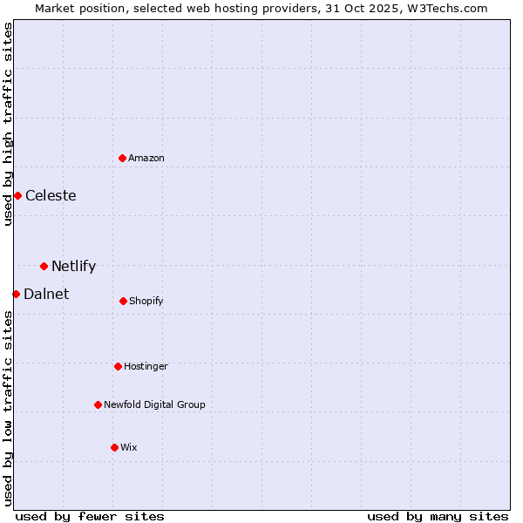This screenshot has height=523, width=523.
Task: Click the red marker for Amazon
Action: tap(123, 158)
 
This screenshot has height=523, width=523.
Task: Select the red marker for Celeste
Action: tap(17, 195)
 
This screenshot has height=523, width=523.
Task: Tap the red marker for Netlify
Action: tap(44, 266)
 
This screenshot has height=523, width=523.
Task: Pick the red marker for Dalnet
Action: tap(16, 294)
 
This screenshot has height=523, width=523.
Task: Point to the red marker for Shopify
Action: tap(123, 301)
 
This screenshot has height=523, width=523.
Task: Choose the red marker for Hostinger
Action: tap(118, 366)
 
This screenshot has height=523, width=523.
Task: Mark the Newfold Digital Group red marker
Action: tap(98, 404)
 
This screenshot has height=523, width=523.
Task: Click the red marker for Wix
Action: tap(114, 447)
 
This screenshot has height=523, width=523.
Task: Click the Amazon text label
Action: tap(146, 158)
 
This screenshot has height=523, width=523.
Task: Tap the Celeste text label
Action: tap(51, 195)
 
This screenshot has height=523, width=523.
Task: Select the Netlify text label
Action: tap(73, 266)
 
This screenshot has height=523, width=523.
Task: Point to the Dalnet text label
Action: tap(46, 294)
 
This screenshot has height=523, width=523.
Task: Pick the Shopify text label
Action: tap(146, 301)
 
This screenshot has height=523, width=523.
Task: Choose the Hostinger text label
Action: tap(146, 366)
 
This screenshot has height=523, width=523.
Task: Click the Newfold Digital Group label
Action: tap(154, 404)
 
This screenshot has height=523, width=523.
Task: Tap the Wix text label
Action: tap(129, 447)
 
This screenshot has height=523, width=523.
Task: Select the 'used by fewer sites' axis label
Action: tap(90, 516)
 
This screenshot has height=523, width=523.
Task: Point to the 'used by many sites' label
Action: tap(438, 516)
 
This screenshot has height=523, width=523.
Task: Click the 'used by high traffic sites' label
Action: tap(8, 124)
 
